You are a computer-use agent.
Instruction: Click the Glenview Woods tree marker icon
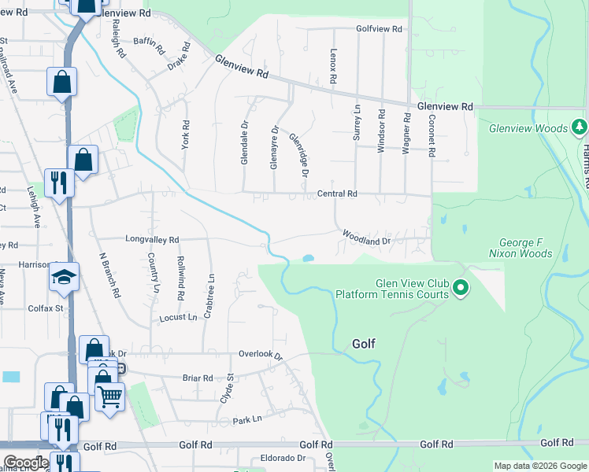pos(580,126)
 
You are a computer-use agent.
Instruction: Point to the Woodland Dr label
pos(366,236)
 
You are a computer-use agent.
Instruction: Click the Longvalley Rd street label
pos(152,238)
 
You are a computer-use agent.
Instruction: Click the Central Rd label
pos(337,193)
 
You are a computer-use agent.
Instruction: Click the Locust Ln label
pos(178,317)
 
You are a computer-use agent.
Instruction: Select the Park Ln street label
pos(246,420)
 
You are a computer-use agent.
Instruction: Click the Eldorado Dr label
pos(278,458)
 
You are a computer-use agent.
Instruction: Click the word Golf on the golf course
pos(363,344)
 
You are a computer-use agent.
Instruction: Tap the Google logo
pos(25,463)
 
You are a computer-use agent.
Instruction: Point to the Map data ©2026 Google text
pos(539,466)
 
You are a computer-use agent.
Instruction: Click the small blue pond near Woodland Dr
pos(308,257)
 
